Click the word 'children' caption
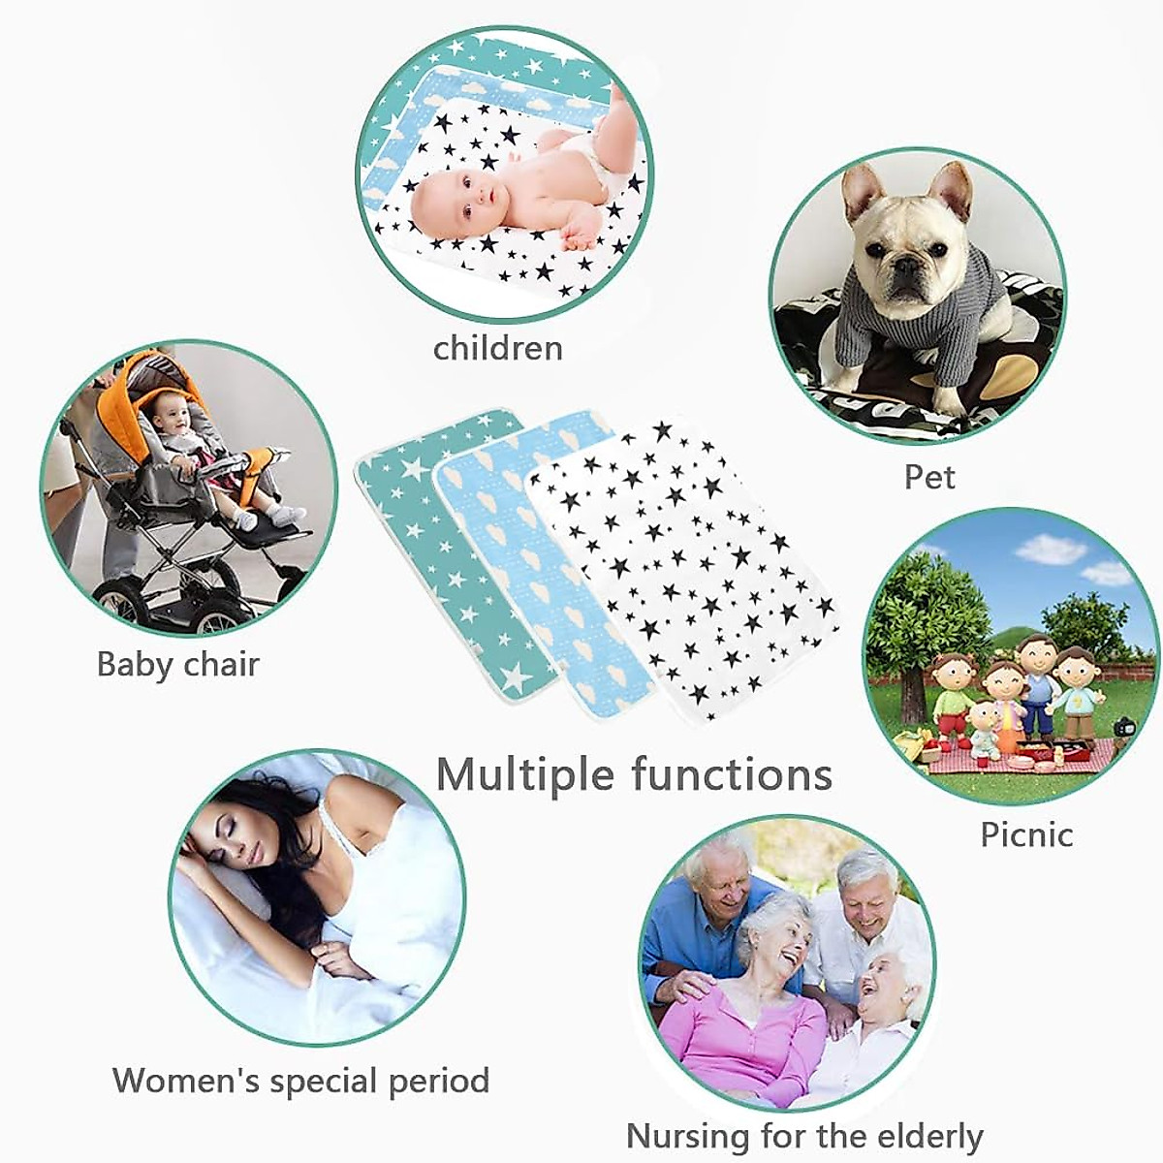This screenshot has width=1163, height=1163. pos(497,348)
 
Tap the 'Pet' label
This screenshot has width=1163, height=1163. pos(928,477)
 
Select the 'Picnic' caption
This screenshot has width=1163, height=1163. pos(1026,834)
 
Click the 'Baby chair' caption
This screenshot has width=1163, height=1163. pos(178,665)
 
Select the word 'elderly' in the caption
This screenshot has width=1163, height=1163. pos(929,1135)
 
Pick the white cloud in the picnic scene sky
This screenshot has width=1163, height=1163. pos(1052,550)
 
